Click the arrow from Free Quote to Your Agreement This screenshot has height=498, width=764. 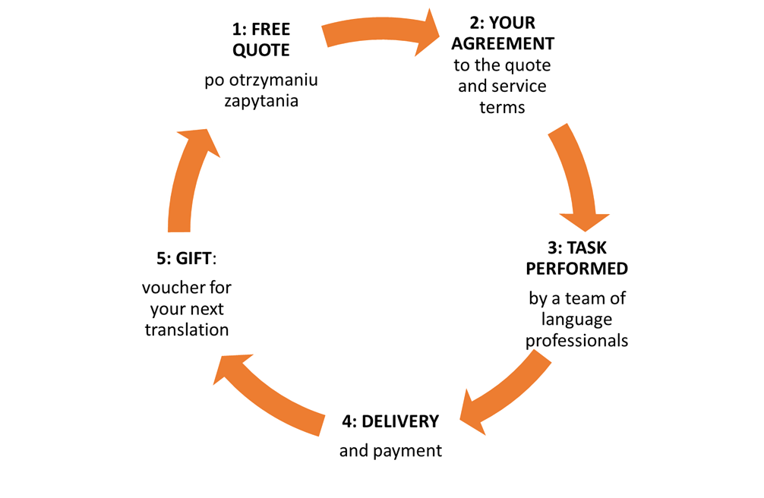click(x=380, y=33)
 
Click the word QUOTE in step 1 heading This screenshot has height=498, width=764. click(x=260, y=51)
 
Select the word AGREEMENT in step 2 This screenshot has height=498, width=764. click(x=502, y=43)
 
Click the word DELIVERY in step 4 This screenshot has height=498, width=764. click(x=400, y=421)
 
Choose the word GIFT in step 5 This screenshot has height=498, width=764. click(x=195, y=259)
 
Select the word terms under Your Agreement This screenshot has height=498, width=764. click(x=502, y=106)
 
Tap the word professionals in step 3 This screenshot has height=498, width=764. click(x=578, y=340)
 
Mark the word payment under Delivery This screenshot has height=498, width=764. click(x=412, y=451)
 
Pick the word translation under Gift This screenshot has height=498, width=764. click(x=187, y=330)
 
